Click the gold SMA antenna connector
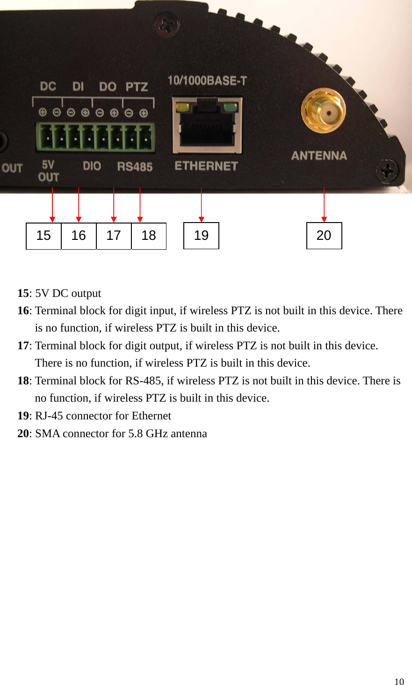(x=324, y=112)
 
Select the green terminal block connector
(x=95, y=137)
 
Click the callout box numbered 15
(x=43, y=236)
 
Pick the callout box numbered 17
(x=114, y=236)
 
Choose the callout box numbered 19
(x=201, y=236)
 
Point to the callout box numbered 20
(x=324, y=236)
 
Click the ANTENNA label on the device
(x=319, y=156)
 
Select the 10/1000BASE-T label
(x=207, y=81)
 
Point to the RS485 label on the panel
(x=135, y=166)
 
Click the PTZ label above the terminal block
(x=137, y=87)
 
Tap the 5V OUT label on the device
(x=48, y=171)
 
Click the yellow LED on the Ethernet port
(x=182, y=108)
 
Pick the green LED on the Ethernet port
(x=231, y=108)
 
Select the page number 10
(x=399, y=681)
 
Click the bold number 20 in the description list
(x=23, y=433)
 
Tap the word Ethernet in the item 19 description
(x=151, y=416)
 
